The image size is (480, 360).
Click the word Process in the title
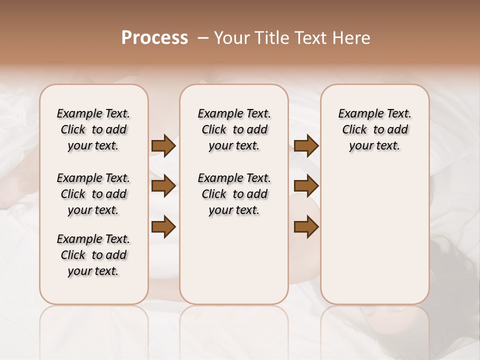(x=154, y=38)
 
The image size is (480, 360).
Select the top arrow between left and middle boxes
(x=163, y=145)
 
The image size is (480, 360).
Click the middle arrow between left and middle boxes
(x=163, y=186)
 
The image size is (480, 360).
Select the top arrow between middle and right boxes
(x=306, y=145)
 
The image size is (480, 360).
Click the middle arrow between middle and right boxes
(x=306, y=186)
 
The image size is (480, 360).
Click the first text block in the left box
(x=93, y=129)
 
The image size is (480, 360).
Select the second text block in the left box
(x=93, y=194)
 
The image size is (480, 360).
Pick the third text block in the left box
(x=93, y=255)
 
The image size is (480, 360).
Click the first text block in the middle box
(x=234, y=129)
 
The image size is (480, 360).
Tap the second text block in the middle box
(x=234, y=194)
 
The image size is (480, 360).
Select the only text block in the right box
(x=375, y=129)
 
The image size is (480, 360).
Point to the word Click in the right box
(x=354, y=130)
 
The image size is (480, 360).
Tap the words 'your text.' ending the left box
(x=93, y=271)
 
